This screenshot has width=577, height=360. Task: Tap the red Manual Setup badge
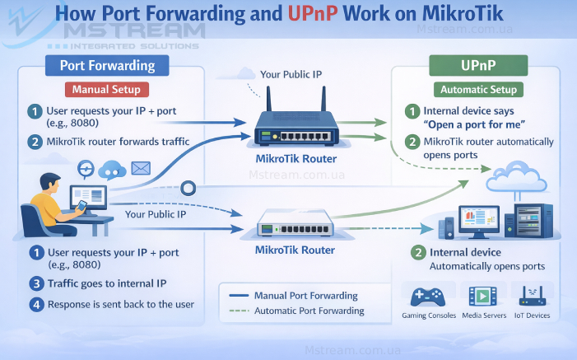[x=106, y=89]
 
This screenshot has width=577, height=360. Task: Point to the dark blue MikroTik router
[x=295, y=126]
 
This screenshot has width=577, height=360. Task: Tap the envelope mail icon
[x=141, y=169]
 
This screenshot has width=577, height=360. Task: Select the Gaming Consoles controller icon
[x=425, y=296]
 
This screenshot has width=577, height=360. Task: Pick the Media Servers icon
[x=482, y=296]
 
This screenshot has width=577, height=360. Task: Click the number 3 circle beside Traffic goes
[x=35, y=283]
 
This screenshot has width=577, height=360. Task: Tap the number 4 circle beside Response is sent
[x=35, y=304]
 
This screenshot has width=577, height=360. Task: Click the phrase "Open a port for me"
[x=473, y=125]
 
